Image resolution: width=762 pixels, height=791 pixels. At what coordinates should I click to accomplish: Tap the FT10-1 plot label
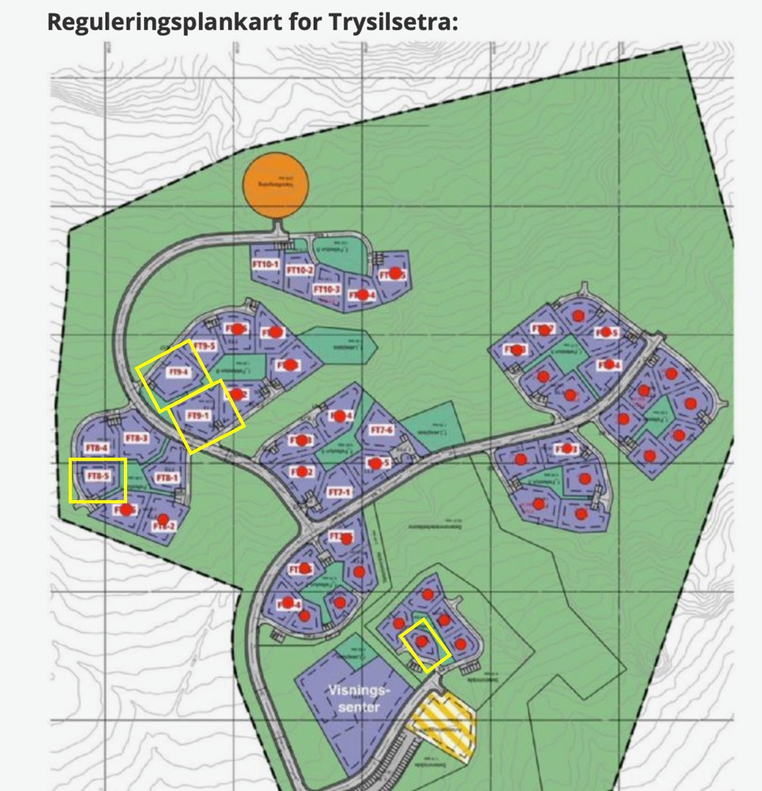coord(266,264)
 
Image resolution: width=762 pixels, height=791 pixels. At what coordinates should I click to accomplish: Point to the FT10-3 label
coord(327,289)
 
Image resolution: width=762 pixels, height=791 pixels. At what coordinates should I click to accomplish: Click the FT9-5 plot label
coord(205,346)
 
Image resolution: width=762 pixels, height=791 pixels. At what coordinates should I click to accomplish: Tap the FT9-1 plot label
coord(198,416)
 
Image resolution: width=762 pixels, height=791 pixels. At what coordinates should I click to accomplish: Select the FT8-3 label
coord(136,438)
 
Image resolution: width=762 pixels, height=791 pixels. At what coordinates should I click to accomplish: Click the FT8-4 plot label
coord(98,448)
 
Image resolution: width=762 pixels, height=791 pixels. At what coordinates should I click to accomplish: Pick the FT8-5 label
coord(98,476)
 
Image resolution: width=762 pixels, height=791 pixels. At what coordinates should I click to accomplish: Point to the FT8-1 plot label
coord(167,477)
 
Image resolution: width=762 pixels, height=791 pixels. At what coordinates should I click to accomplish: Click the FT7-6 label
coord(382,430)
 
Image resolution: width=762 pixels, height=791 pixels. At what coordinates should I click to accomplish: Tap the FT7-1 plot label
coord(339,492)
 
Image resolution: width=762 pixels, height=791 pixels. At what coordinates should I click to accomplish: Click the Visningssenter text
coord(359,699)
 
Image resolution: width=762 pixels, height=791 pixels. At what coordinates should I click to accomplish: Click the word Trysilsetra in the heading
coord(392,21)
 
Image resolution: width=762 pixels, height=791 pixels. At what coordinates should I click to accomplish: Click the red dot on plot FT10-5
coord(395,273)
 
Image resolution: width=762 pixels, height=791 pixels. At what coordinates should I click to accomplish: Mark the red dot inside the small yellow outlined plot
coord(421,641)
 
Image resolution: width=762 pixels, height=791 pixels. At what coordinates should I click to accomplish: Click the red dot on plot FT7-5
coord(376,463)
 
